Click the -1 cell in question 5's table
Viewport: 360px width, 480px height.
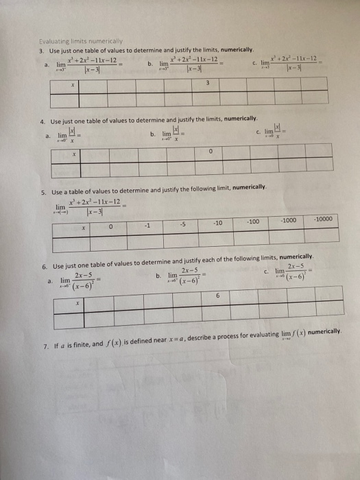tap(147, 222)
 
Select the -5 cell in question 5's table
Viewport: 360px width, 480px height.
tap(183, 222)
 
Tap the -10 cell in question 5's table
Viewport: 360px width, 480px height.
tap(217, 223)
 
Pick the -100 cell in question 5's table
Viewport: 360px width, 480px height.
tap(254, 222)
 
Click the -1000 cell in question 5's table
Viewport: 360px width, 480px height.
tap(288, 221)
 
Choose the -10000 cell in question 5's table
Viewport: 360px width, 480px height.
tap(323, 220)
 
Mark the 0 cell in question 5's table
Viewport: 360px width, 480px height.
tap(112, 223)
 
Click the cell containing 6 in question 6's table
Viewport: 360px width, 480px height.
tap(217, 296)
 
